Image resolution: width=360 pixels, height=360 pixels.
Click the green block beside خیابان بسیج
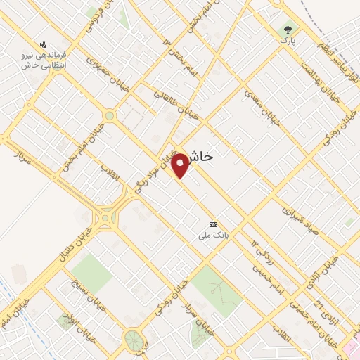91,271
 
